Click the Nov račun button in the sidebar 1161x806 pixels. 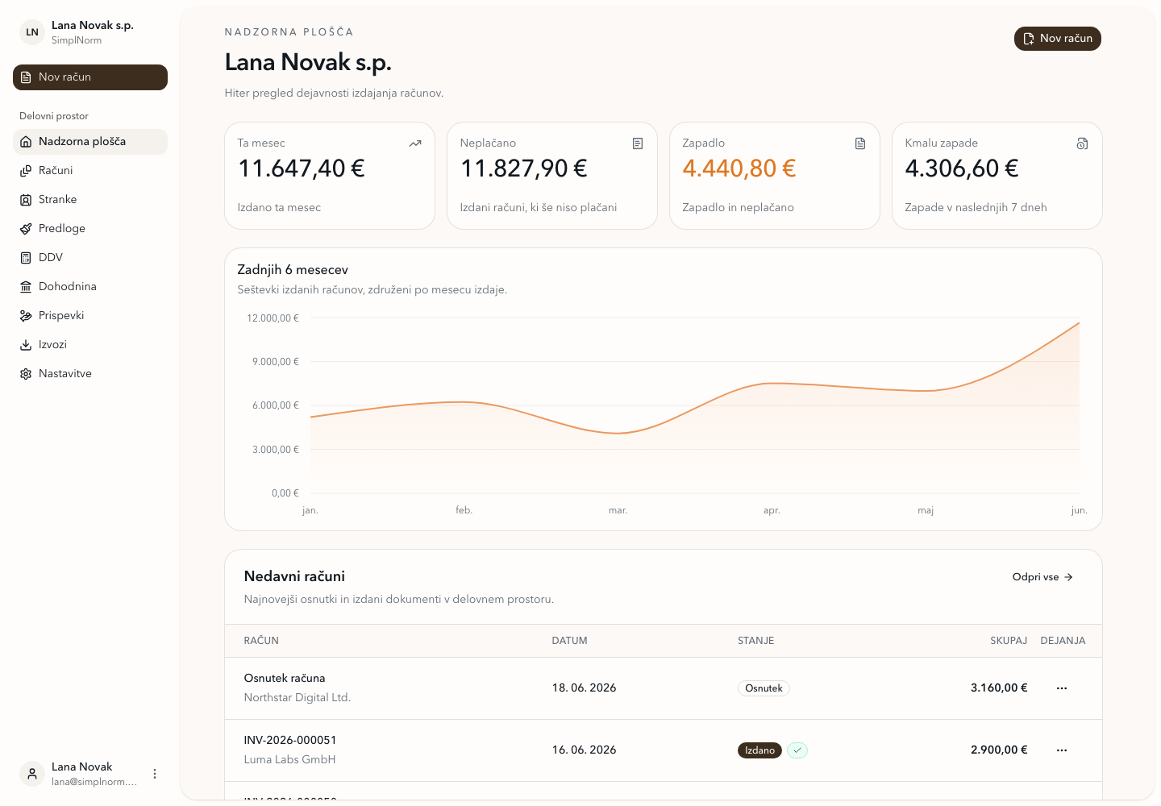90,77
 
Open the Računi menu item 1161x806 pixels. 56,170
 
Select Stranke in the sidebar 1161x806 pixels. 57,199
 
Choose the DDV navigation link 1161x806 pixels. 50,257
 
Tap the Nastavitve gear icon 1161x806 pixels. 26,374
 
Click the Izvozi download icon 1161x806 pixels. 26,345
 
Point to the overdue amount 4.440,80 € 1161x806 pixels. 739,168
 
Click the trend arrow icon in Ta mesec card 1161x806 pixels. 415,143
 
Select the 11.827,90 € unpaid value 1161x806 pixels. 523,168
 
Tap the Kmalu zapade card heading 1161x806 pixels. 941,143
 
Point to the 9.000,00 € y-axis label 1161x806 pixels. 276,362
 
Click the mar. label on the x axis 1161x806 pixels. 618,510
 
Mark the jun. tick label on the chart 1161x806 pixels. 1079,510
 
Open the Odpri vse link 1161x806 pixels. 1042,577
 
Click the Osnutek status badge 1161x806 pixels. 764,688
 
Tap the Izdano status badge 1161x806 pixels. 759,750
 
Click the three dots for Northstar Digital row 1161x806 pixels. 1062,688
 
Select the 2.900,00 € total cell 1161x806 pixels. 999,750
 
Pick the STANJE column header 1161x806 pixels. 755,641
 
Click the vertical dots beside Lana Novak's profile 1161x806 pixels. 155,774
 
